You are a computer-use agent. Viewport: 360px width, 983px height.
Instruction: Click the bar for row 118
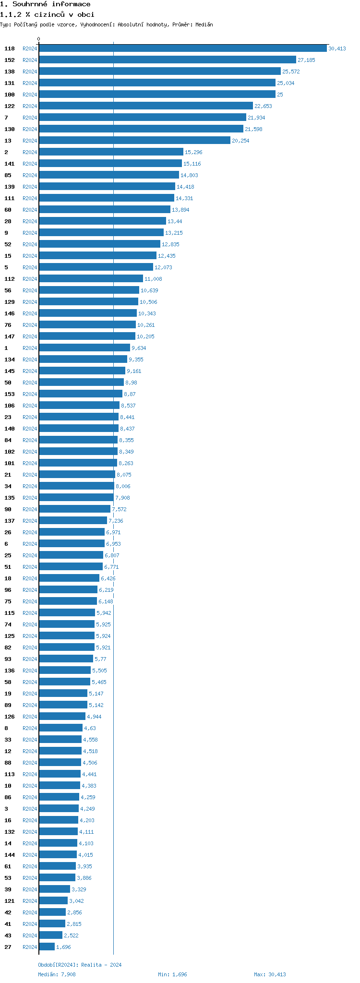click(183, 48)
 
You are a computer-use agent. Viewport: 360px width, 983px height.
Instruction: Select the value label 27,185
click(306, 60)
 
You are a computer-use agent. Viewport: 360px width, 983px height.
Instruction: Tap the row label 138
click(10, 72)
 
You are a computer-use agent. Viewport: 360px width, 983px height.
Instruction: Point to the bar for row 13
click(134, 140)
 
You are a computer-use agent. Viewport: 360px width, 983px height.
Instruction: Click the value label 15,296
click(193, 152)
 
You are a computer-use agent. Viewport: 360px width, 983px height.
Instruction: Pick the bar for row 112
click(91, 278)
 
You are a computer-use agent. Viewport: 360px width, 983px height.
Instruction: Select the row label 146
click(10, 313)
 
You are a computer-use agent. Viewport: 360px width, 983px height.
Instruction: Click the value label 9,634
click(139, 348)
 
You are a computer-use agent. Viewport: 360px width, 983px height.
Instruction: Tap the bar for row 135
click(76, 497)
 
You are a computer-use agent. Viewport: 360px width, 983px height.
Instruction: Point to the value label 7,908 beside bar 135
click(122, 498)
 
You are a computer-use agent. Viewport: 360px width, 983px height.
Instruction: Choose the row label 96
click(8, 590)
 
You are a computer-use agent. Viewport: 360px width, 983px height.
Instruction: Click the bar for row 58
click(65, 682)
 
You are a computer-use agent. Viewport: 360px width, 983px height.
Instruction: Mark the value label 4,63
click(90, 728)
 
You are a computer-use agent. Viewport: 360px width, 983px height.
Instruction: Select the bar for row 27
click(47, 947)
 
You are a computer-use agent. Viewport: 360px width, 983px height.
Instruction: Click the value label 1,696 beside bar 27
click(63, 947)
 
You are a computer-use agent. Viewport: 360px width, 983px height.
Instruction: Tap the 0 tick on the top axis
click(39, 39)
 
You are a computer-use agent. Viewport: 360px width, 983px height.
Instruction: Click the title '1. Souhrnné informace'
click(45, 4)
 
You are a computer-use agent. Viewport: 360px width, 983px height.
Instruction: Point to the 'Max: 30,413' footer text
click(270, 974)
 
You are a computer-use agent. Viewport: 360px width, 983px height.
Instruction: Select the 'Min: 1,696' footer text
click(172, 974)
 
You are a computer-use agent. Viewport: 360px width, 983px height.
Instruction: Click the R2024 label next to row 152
click(30, 60)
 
